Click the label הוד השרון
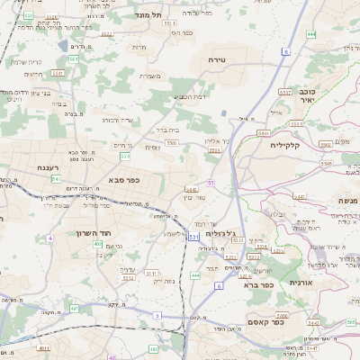tap(111, 232)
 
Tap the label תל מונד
tap(148, 15)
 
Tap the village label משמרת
tap(151, 76)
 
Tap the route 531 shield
tap(193, 236)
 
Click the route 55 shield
tap(211, 183)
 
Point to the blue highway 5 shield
tap(157, 315)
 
